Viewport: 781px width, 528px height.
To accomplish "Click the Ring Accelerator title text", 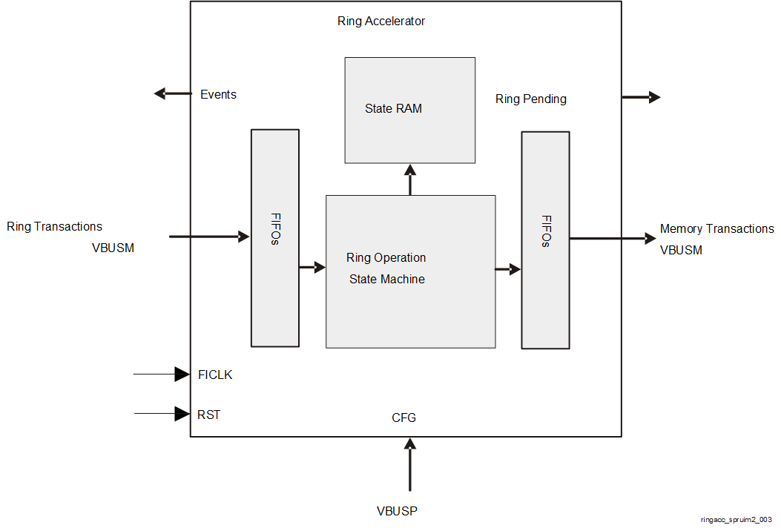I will pos(381,22).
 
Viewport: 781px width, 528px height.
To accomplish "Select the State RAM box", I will pos(409,110).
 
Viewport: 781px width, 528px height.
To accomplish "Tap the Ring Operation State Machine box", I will pos(410,271).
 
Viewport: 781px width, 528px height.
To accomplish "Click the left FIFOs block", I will pos(275,238).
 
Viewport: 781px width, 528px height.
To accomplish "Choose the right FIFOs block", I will pos(545,240).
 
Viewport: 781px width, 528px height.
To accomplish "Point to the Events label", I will pos(218,95).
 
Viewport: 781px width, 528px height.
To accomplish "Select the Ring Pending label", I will pos(530,99).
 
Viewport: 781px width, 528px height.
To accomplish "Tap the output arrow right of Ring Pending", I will pos(641,97).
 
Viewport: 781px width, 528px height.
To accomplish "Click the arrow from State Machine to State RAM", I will pos(410,179).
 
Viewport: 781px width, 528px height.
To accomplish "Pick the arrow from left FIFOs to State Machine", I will pos(312,267).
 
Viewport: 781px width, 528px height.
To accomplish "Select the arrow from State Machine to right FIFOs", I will pos(508,270).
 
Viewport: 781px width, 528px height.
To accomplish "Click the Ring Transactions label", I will pos(55,227).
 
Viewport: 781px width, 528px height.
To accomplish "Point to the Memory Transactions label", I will pos(716,229).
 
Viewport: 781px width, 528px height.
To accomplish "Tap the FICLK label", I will pos(215,375).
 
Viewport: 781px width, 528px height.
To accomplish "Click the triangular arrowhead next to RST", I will pos(182,414).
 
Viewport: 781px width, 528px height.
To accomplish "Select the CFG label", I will pos(403,418).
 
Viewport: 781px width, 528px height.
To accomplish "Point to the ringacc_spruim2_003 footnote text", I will pos(736,520).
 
